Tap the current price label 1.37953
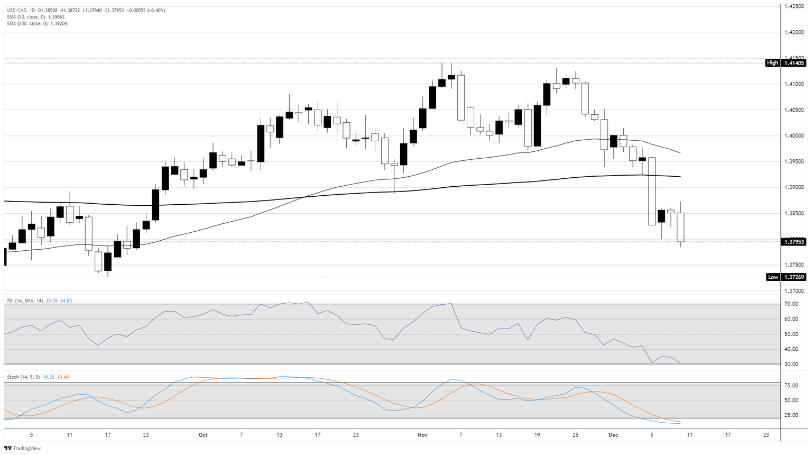pyautogui.click(x=793, y=242)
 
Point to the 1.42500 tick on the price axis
pyautogui.click(x=794, y=6)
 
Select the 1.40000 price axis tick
pyautogui.click(x=794, y=136)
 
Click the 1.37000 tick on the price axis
pyautogui.click(x=794, y=291)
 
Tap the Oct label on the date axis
pyautogui.click(x=203, y=435)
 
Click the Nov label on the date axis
pyautogui.click(x=422, y=435)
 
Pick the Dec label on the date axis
pyautogui.click(x=613, y=435)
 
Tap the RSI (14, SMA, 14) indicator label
pyautogui.click(x=25, y=301)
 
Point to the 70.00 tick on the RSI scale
pyautogui.click(x=791, y=304)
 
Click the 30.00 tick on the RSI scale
pyautogui.click(x=791, y=364)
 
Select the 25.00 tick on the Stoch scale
pyautogui.click(x=791, y=415)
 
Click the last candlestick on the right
pyautogui.click(x=680, y=227)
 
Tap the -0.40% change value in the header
pyautogui.click(x=157, y=10)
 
